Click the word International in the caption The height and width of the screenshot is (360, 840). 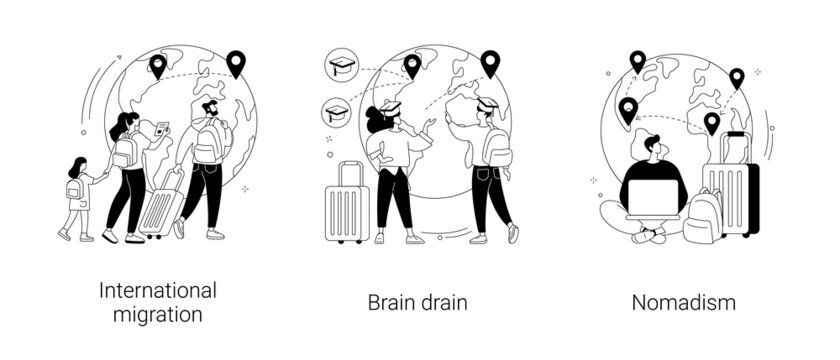coord(159,291)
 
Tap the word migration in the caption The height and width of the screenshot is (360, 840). coord(159,315)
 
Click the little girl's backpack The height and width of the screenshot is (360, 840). coord(74,189)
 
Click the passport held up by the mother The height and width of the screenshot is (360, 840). coord(159,130)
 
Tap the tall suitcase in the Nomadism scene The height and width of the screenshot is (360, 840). coord(731,185)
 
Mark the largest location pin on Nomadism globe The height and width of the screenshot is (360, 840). coord(628,111)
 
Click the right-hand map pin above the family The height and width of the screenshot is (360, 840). coord(236,64)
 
